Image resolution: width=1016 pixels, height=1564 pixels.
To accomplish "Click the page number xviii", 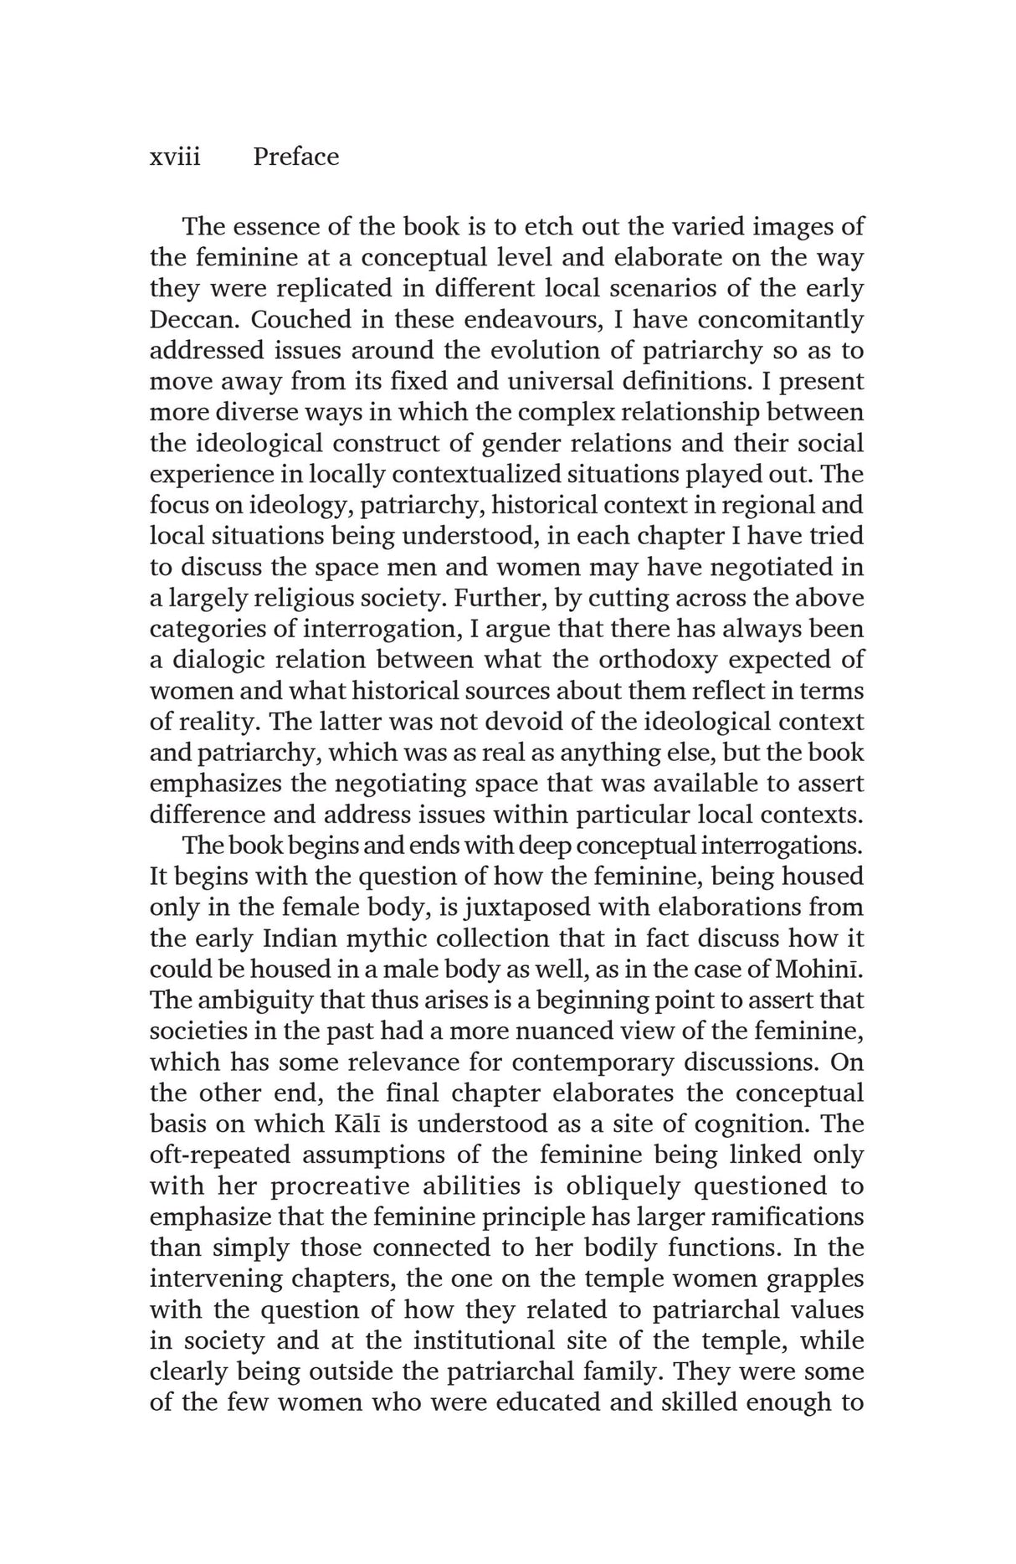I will coord(175,157).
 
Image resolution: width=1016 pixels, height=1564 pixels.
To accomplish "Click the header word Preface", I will coord(295,157).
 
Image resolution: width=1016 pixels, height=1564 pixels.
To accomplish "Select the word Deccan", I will coord(194,320).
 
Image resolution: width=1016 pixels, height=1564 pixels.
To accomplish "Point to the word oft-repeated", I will coord(219,1155).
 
